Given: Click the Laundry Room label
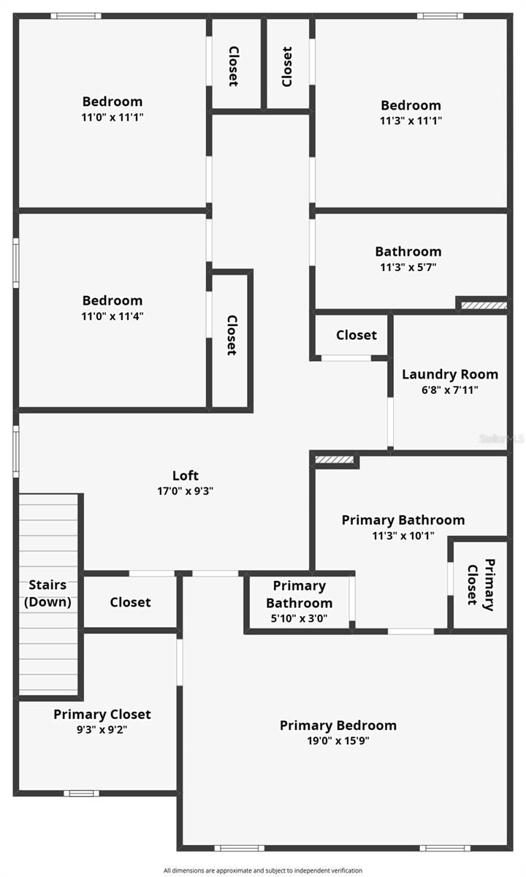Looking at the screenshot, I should coord(450,374).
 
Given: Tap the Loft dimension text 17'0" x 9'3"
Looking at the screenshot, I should coord(185,491).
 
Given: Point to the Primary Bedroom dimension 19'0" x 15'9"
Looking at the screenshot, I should coord(338,741).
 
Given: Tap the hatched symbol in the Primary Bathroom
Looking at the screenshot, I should coord(334,460).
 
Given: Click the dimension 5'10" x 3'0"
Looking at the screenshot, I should coord(299,618).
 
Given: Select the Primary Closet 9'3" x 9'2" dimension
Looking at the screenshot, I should coord(102,729).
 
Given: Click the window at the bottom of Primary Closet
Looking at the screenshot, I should coord(81,793).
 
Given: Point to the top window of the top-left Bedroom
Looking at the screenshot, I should coord(76,15).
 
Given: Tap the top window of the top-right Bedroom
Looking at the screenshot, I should coord(440,15).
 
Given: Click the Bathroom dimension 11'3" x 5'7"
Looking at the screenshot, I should coord(408,267).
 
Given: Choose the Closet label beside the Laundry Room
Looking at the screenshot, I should coord(357,335).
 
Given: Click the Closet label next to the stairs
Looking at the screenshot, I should coord(130,602).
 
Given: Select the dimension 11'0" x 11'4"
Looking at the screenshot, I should coord(112,316).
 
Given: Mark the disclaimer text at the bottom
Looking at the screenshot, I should coord(263,870).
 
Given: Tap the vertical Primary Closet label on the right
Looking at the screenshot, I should coord(480,583).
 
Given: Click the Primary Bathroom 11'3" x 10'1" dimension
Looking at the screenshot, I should coord(403,536).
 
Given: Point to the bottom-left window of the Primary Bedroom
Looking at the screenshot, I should coord(240,848).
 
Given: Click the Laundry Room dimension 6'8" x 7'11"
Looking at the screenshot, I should coord(450,390).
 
